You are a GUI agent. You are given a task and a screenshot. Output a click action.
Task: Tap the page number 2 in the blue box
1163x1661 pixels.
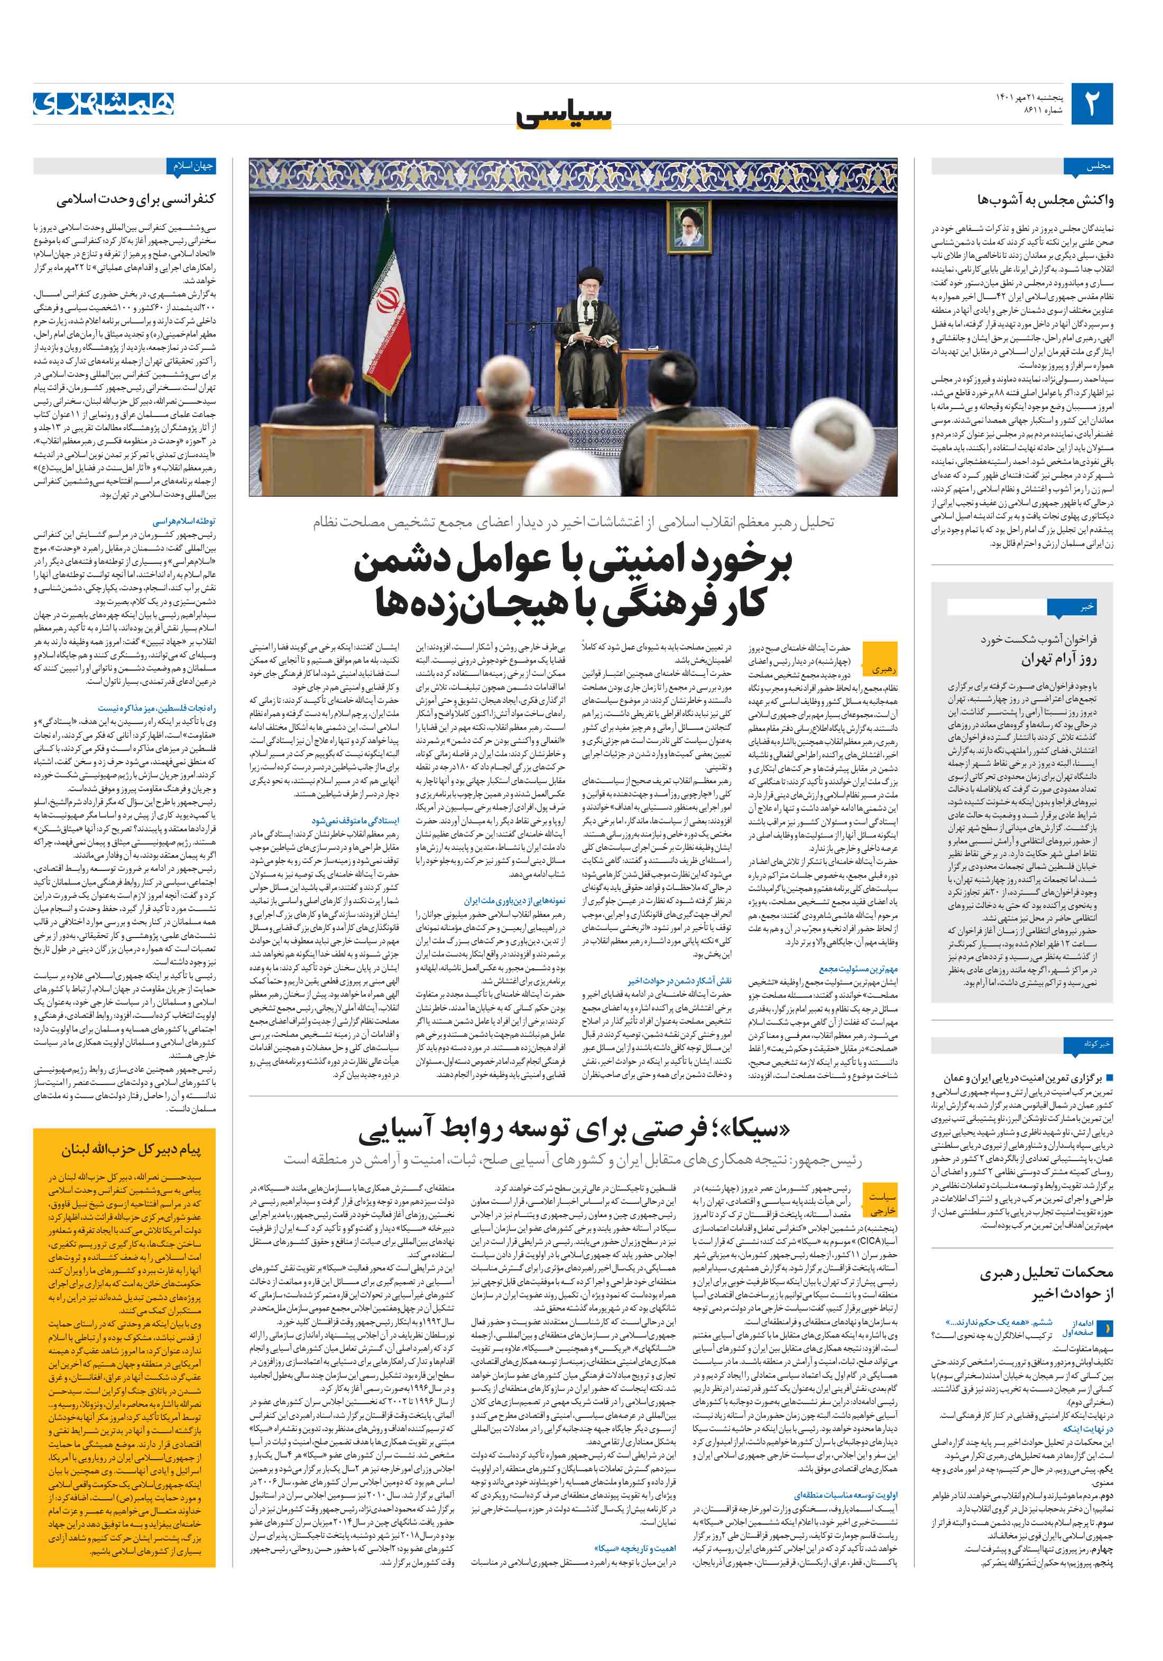(1091, 104)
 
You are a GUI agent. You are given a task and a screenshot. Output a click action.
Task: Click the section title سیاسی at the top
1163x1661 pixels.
(565, 114)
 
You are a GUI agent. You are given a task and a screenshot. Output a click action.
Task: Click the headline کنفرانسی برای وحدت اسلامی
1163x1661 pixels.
(136, 199)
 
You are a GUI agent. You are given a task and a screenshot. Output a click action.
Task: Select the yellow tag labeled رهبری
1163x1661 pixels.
(881, 669)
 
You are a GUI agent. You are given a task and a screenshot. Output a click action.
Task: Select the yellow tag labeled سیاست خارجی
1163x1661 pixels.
(881, 1204)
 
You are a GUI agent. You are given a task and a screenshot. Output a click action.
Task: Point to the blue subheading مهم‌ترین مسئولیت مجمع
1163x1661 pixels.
(859, 968)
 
